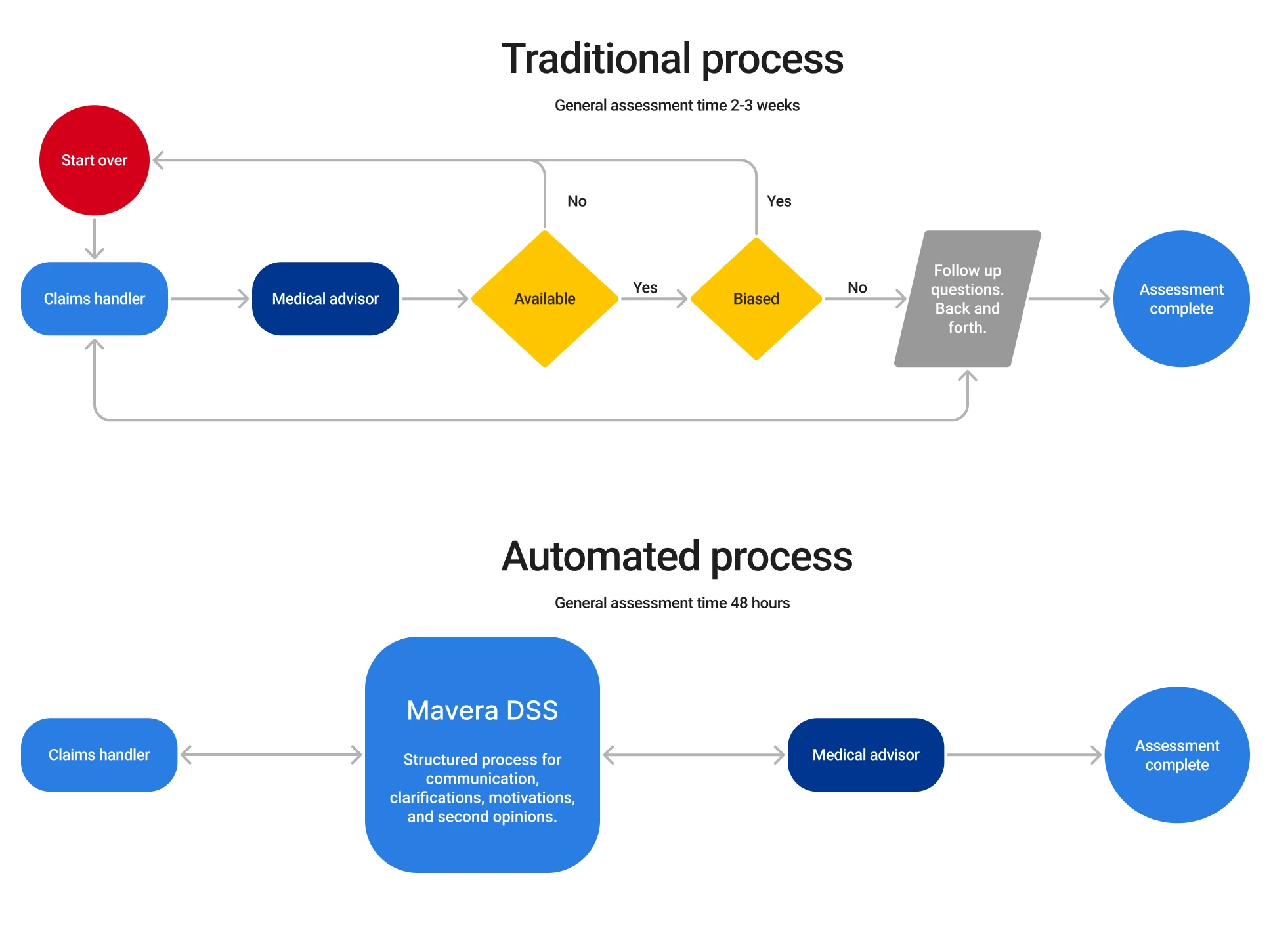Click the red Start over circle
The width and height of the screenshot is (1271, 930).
click(95, 160)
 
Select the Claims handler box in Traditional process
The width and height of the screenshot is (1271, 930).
click(95, 299)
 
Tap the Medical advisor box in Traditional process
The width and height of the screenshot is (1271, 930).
click(326, 299)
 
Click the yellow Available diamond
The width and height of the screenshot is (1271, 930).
click(545, 299)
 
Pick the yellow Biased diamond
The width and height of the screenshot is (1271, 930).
click(756, 299)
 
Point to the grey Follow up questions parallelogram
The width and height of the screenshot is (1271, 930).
click(968, 299)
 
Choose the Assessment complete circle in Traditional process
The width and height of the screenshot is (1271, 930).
click(1181, 299)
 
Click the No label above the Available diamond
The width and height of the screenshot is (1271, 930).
click(577, 201)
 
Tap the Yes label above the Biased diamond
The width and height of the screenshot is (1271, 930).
click(779, 201)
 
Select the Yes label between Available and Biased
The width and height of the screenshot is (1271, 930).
click(645, 287)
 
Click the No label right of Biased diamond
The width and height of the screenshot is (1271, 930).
click(857, 287)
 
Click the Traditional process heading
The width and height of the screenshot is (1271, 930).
click(672, 59)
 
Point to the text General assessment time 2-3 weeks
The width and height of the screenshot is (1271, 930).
click(677, 106)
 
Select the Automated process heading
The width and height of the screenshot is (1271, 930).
click(677, 557)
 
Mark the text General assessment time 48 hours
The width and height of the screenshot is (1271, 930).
click(672, 603)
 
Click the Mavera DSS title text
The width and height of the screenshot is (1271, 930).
click(483, 711)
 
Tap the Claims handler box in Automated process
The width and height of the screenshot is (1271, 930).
click(99, 755)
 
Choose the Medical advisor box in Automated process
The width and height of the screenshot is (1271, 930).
click(866, 755)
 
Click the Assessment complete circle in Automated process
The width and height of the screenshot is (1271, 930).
click(1177, 755)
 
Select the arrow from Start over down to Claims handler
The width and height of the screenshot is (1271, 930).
click(95, 238)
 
